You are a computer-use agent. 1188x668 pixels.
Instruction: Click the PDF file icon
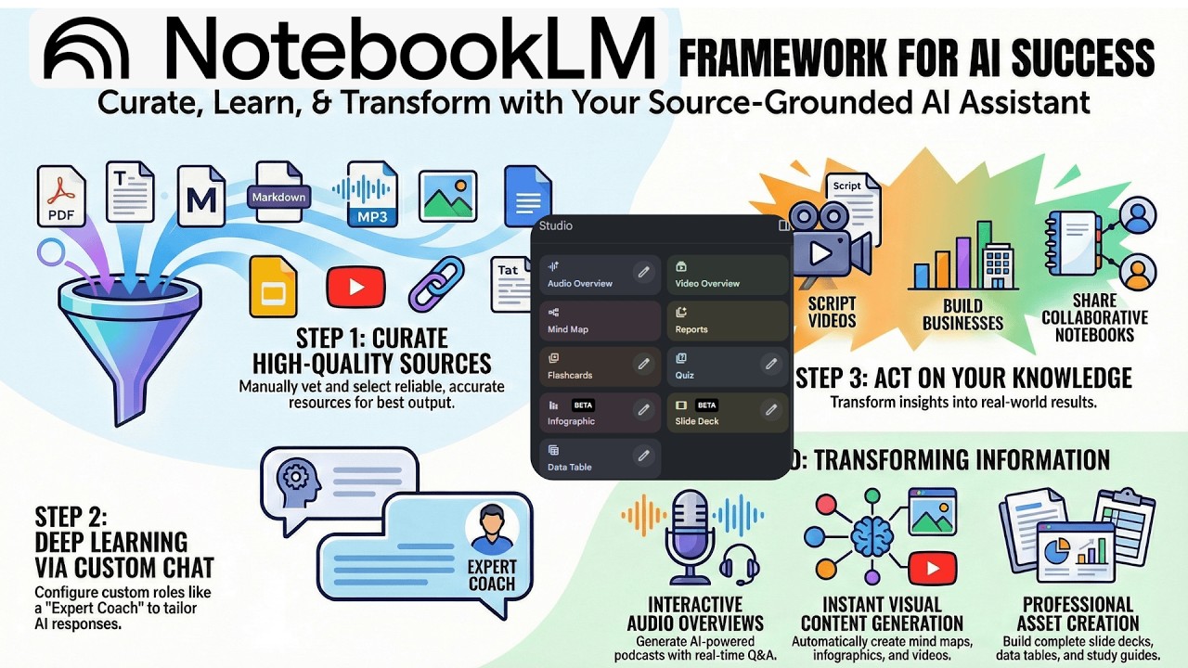pyautogui.click(x=60, y=196)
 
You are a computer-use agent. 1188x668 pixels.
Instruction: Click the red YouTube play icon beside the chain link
pyautogui.click(x=355, y=286)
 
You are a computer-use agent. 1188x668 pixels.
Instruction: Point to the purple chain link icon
pyautogui.click(x=436, y=284)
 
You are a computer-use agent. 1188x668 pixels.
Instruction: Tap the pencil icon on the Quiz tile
pyautogui.click(x=770, y=365)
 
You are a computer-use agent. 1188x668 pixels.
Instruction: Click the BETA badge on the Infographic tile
pyautogui.click(x=583, y=405)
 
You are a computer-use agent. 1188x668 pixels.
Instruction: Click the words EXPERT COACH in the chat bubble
pyautogui.click(x=492, y=575)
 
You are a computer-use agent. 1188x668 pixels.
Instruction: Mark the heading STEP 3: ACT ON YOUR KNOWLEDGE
pyautogui.click(x=963, y=378)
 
